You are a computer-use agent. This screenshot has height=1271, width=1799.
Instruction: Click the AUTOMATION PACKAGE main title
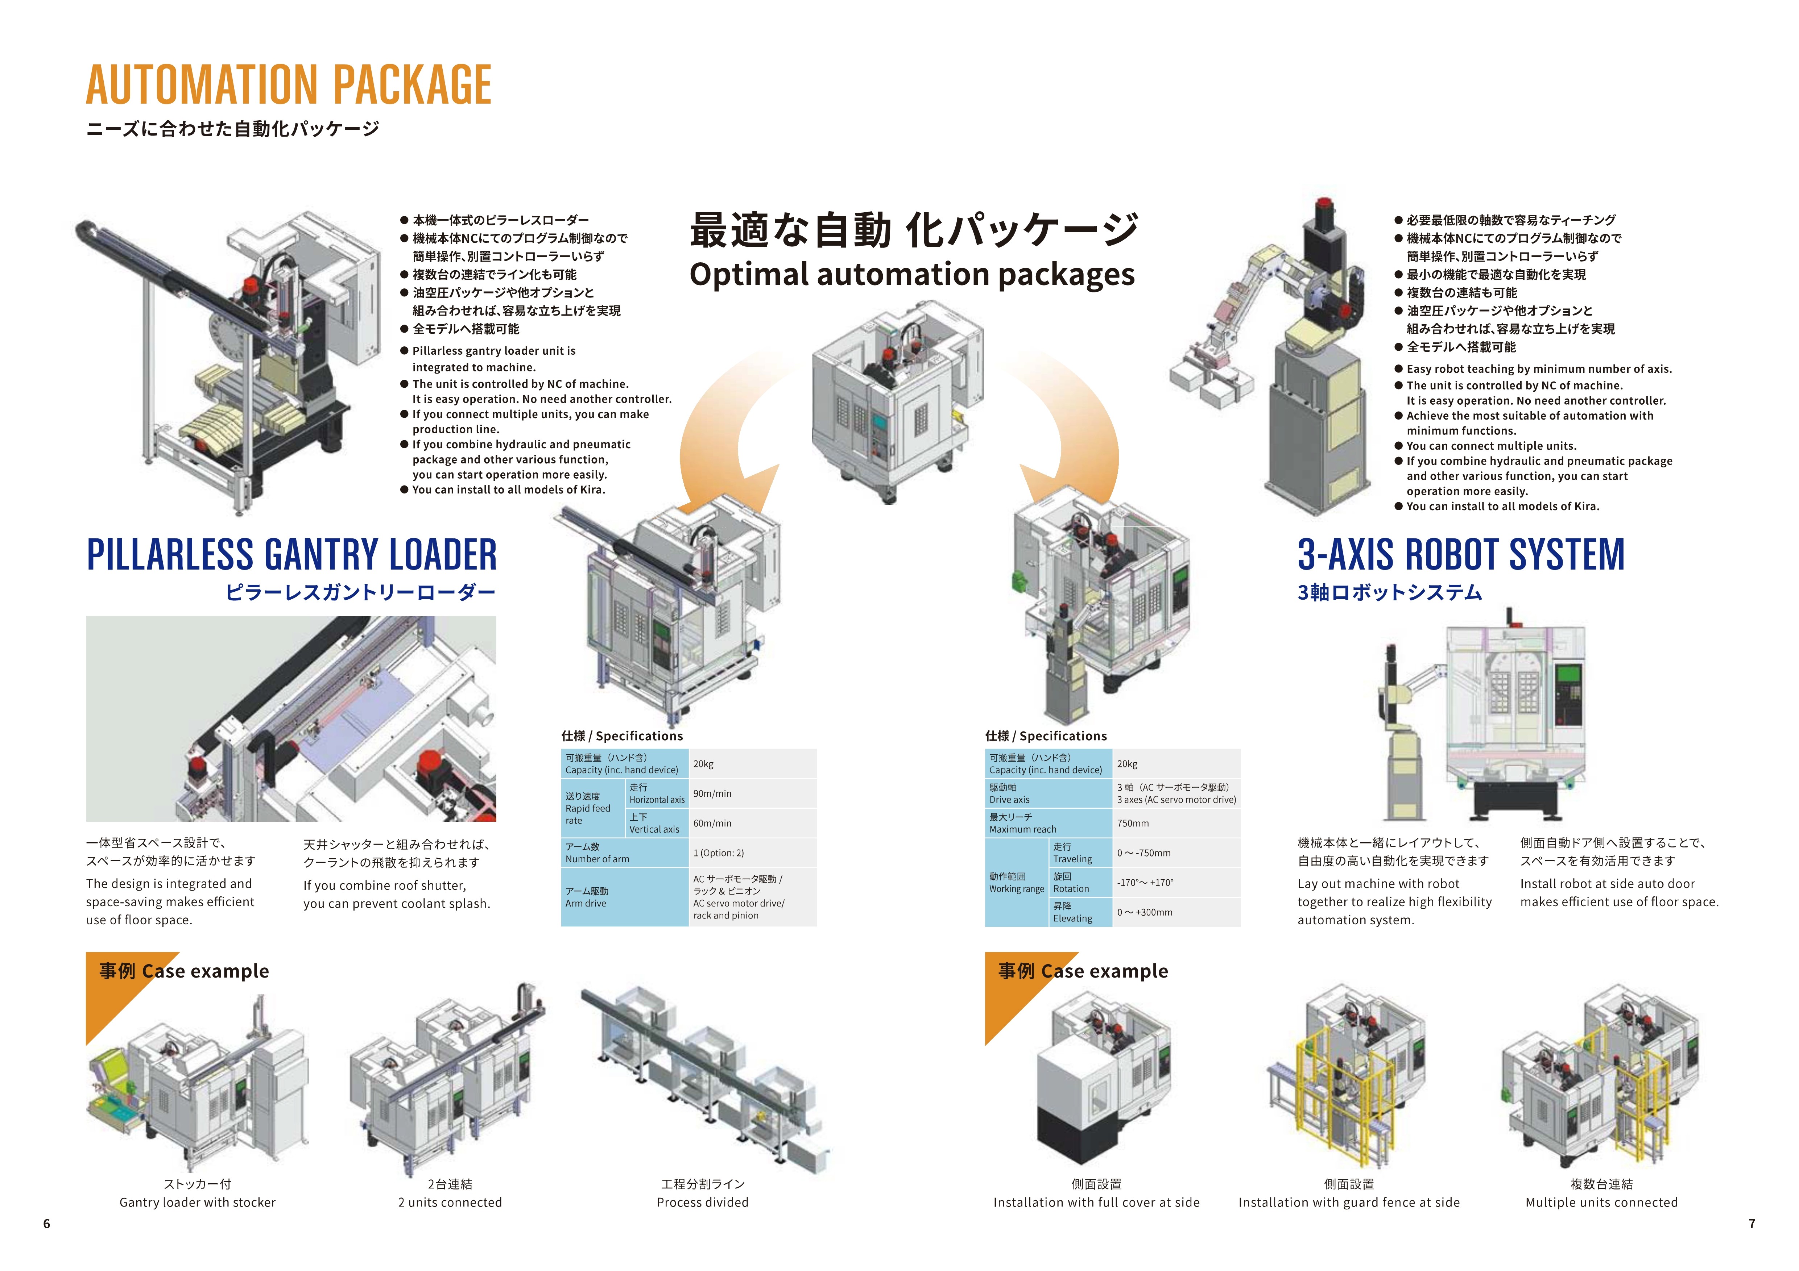pos(288,84)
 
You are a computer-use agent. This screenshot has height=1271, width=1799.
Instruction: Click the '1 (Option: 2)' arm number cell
pos(719,853)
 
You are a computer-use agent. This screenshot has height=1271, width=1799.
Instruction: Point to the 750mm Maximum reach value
pos(1133,823)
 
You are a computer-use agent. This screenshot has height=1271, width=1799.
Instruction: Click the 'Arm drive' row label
pos(586,897)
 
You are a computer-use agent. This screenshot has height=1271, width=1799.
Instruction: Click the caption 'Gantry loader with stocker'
pos(198,1202)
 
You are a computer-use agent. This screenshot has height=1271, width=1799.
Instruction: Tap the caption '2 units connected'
pos(450,1202)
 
